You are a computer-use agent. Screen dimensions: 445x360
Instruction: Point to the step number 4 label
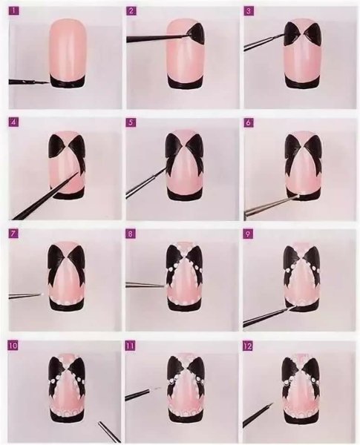coord(13,122)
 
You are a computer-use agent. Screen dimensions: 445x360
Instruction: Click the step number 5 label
coord(131,122)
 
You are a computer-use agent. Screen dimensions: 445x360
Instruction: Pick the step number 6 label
coord(248,122)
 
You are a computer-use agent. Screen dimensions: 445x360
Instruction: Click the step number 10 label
coord(14,346)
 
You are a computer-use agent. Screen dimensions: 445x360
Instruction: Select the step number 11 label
coord(131,346)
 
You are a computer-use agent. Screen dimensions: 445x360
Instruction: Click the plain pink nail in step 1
coord(67,48)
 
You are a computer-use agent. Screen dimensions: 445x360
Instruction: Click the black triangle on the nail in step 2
coord(196,32)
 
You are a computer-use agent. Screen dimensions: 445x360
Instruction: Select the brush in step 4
coord(45,197)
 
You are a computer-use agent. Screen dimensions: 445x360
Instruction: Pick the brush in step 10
coord(108,430)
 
